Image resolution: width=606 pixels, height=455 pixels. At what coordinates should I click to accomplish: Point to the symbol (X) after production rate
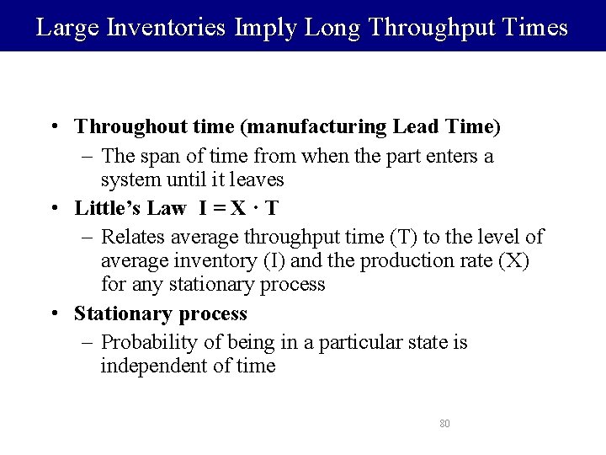513,260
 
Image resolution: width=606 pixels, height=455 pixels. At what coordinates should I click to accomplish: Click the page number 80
444,423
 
